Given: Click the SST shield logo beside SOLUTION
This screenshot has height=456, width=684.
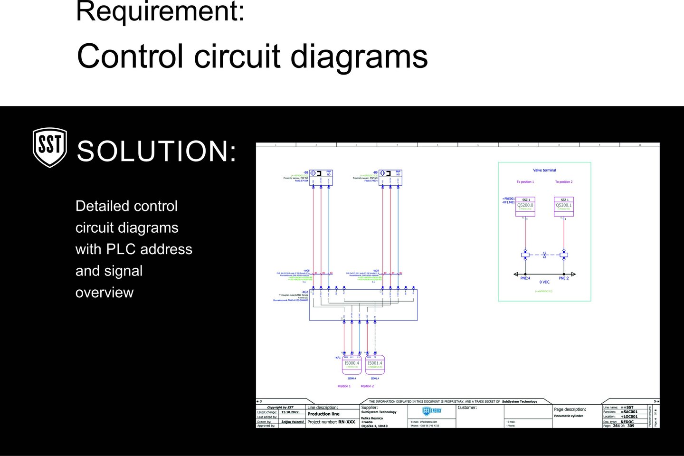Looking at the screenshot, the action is coord(49,147).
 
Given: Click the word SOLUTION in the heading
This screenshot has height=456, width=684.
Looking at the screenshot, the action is coord(157,151).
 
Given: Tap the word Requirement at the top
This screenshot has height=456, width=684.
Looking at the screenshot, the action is coord(160,11).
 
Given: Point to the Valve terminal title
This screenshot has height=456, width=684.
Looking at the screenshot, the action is coord(544,170).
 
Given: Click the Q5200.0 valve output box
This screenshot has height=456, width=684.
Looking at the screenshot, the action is coord(525,207).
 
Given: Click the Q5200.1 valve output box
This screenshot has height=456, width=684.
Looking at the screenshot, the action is coord(564,207).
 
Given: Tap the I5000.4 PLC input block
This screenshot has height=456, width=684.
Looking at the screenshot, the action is coord(352,364).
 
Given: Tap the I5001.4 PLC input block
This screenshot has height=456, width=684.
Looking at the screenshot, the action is coord(375,364).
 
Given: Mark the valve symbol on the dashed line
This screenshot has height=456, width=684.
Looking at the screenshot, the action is coord(544,255).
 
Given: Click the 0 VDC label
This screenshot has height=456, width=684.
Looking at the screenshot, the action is coord(544,282).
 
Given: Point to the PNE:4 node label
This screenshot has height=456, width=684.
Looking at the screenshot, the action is coord(525,278).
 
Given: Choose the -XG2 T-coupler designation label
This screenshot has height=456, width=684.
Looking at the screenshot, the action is coord(305,292).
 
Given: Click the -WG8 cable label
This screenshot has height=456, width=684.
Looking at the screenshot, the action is coord(306,271).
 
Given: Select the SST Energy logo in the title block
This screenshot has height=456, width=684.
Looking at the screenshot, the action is coord(432,411).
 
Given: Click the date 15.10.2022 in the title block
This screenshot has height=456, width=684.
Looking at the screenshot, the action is coord(290,412).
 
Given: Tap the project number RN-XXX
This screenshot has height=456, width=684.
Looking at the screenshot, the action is coord(346,422).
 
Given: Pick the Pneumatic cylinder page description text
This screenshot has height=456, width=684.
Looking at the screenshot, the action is coord(568,416).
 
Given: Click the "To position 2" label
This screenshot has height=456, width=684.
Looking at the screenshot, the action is coord(564,182).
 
